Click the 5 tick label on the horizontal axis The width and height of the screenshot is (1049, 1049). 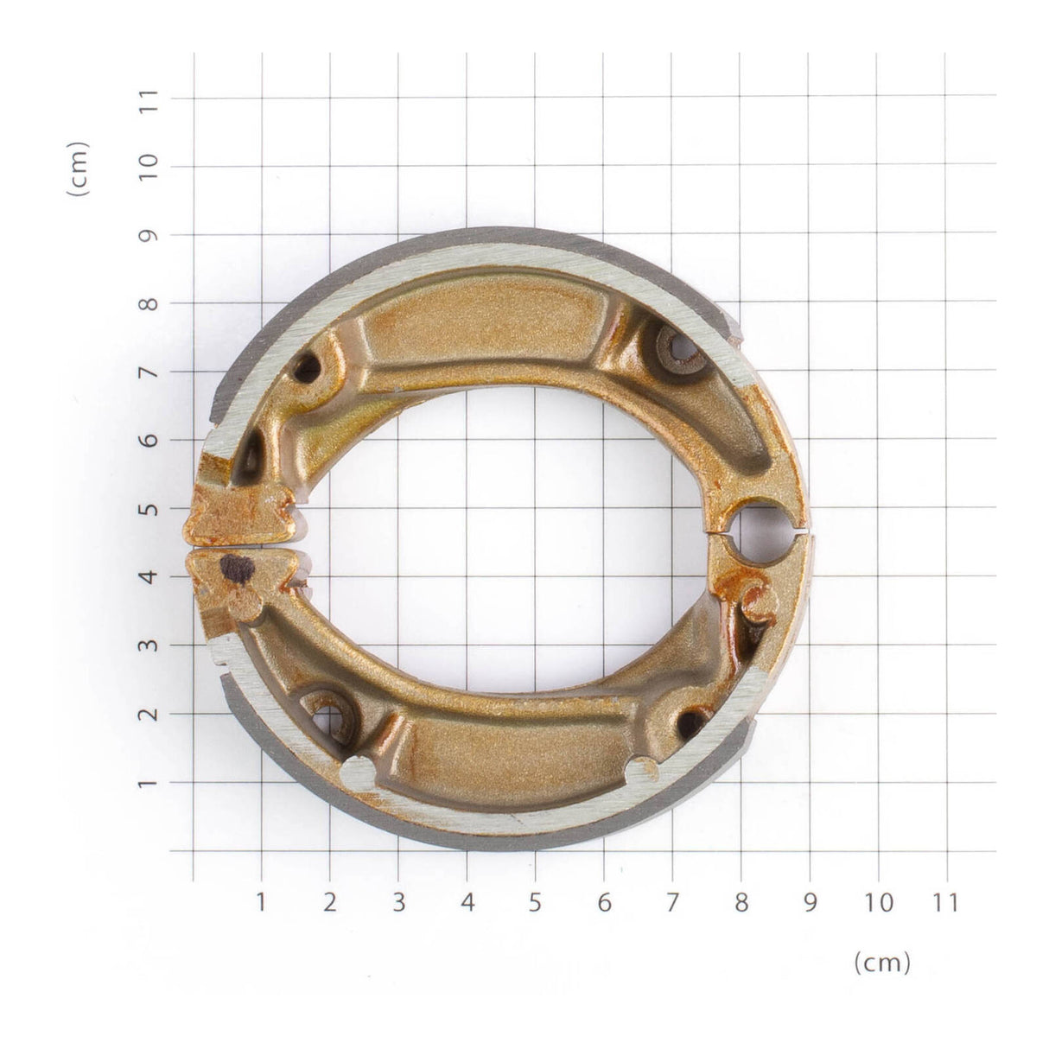pos(535,903)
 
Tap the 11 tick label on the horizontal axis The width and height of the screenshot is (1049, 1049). pos(946,903)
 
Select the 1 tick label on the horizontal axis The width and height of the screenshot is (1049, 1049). pos(261,903)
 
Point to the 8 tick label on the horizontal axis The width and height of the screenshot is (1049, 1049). pos(741,903)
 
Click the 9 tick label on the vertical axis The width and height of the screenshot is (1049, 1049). pos(149,235)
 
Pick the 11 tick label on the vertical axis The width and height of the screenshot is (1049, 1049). pos(149,99)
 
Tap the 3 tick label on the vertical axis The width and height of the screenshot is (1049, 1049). pos(149,645)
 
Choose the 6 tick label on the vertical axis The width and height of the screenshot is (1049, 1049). pos(149,440)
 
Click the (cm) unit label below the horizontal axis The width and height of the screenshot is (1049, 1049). pos(881,963)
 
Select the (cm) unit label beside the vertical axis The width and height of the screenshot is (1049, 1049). pos(79,169)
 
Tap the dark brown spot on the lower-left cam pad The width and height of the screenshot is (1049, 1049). pos(235,569)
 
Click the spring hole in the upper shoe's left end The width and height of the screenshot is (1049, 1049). pos(306,370)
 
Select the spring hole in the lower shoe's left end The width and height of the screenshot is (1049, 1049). pos(329,717)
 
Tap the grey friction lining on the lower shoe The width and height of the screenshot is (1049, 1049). pos(484,837)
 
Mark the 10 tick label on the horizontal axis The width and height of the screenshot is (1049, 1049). pos(878,903)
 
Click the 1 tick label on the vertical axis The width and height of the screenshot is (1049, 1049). pos(149,783)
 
